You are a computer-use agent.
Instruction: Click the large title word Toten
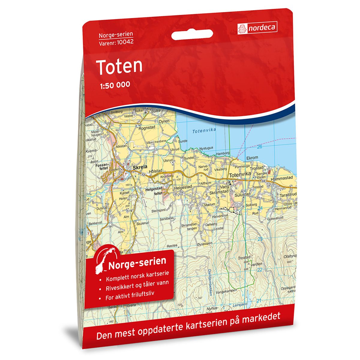tap(119, 66)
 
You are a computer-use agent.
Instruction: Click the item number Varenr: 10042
tap(116, 42)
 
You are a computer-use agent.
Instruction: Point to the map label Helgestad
tap(183, 187)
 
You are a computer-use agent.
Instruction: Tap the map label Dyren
tap(164, 121)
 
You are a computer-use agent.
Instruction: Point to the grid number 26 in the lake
tap(259, 147)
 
